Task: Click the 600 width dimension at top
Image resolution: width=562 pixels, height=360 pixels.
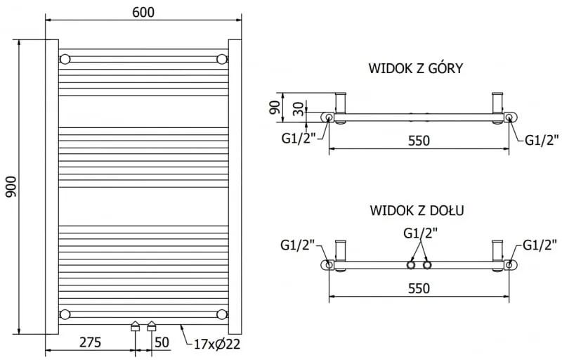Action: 143,12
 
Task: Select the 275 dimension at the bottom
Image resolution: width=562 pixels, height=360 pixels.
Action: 89,342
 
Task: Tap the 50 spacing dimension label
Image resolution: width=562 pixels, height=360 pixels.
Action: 161,342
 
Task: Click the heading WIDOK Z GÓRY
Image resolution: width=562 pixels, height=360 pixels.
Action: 414,68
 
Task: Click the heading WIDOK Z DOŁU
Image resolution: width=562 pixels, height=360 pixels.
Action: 416,210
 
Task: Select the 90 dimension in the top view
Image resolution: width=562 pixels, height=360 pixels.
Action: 274,108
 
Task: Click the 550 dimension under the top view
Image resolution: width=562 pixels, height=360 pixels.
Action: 419,141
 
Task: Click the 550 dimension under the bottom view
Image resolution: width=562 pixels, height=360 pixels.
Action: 419,288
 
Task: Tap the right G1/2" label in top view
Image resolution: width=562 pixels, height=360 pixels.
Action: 541,139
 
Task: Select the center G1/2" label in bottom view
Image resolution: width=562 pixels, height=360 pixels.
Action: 419,233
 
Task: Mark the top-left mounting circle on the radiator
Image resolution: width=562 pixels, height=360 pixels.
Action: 65,58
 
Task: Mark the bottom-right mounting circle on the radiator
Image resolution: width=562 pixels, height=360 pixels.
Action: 222,314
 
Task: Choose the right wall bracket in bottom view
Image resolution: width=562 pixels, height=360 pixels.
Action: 498,252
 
